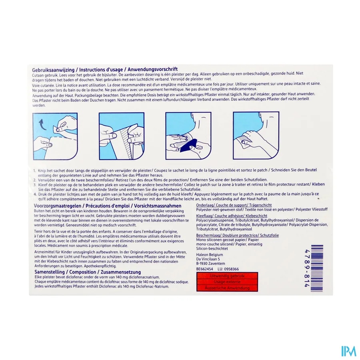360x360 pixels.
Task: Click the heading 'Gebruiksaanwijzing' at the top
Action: click(52, 70)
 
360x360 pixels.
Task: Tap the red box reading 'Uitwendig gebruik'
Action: click(227, 276)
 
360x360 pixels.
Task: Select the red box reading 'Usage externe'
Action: click(227, 282)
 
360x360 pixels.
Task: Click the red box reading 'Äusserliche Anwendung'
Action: click(227, 288)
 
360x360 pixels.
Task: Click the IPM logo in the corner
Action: click(348, 351)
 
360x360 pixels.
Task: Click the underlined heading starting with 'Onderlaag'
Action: click(206, 205)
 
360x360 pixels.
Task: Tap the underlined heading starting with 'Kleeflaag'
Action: click(206, 215)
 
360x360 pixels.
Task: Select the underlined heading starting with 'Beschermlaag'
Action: click(209, 236)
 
